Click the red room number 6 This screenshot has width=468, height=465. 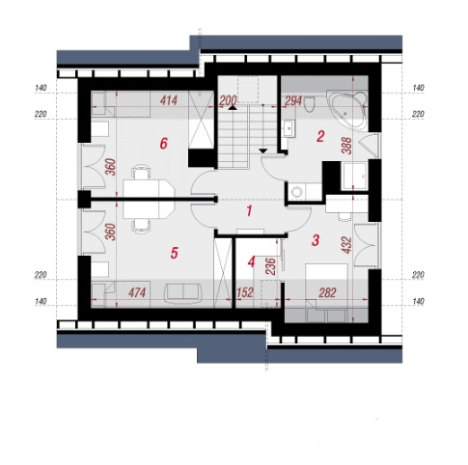click(164, 143)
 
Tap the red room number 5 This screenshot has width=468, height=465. click(174, 253)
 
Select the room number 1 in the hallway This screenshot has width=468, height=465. click(249, 211)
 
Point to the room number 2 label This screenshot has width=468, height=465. click(320, 137)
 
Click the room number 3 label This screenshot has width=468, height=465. click(316, 240)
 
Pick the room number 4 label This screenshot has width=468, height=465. click(251, 262)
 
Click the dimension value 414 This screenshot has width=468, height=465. click(169, 100)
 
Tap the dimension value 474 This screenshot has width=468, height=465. click(137, 292)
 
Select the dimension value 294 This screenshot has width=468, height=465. click(293, 101)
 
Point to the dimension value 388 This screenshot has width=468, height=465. click(347, 146)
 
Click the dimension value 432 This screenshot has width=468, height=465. click(346, 245)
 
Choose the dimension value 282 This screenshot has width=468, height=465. click(327, 292)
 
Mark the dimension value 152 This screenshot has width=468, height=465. click(245, 292)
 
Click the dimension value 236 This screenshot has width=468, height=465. click(271, 266)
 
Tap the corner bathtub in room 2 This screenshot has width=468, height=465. click(347, 110)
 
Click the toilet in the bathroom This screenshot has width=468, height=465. click(310, 104)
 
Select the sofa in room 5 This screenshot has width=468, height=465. click(183, 292)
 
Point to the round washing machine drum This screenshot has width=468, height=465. click(296, 192)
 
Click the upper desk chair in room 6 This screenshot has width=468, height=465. click(142, 172)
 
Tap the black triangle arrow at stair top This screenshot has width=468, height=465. click(232, 108)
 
